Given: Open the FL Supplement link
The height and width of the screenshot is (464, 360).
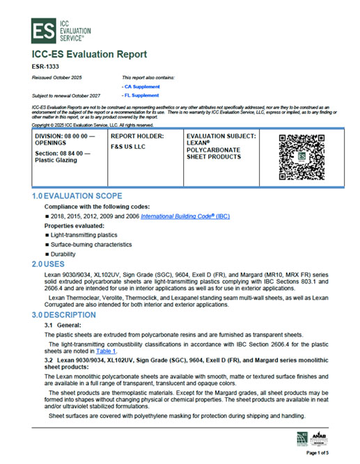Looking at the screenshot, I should click(140, 95).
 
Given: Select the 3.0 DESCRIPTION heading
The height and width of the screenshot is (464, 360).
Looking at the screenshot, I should click(67, 315).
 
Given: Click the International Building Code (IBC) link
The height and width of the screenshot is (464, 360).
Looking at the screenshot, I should click(185, 217).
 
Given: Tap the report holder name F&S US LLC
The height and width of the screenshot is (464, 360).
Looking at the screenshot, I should click(130, 147).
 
